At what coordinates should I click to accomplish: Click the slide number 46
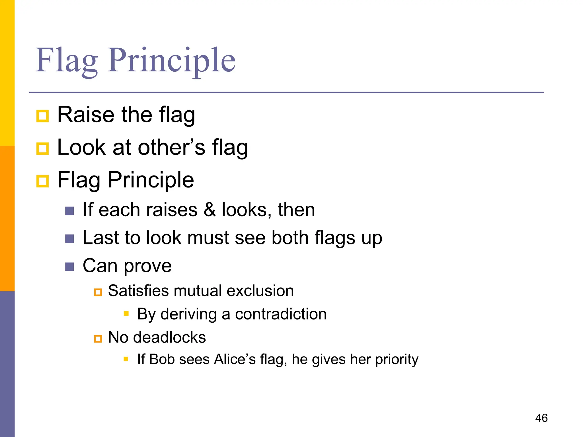[x=541, y=418]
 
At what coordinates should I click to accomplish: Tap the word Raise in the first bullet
[x=86, y=115]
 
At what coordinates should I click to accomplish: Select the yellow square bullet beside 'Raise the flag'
[x=43, y=116]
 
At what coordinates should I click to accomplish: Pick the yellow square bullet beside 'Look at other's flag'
[x=43, y=149]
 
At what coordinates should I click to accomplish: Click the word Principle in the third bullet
[x=151, y=180]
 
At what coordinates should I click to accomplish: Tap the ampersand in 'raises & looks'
[x=210, y=210]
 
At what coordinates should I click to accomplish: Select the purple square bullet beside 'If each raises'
[x=69, y=211]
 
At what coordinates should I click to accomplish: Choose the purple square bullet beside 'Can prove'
[x=69, y=267]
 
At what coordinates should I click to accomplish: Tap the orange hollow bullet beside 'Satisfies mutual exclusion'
[x=98, y=292]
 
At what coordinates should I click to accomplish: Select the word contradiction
[x=281, y=314]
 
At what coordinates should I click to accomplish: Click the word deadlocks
[x=169, y=337]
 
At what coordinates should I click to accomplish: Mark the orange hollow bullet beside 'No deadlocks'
[x=98, y=339]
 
